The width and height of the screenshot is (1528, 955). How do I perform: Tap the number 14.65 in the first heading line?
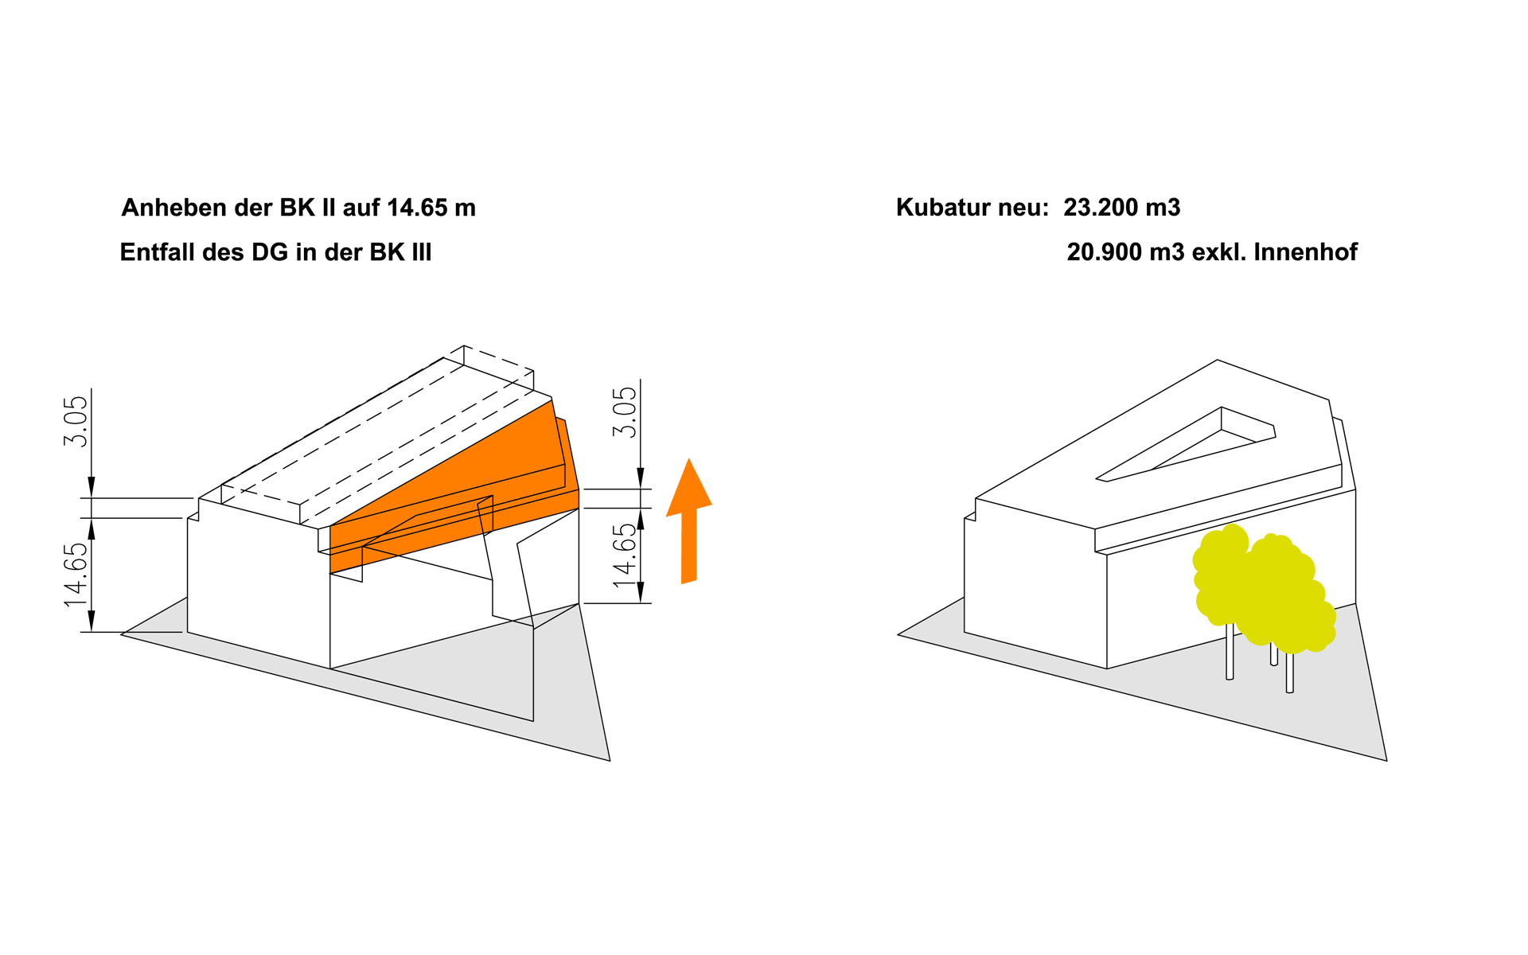point(418,208)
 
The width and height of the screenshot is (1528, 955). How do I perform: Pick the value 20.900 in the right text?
point(1103,252)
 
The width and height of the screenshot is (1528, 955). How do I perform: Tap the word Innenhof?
point(1305,252)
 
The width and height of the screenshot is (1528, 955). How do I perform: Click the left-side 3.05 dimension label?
point(76,422)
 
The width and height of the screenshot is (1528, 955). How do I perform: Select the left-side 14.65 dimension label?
point(76,575)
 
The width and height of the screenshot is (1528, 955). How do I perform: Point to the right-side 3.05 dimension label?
point(625,412)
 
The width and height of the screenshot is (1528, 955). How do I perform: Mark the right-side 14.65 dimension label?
point(625,555)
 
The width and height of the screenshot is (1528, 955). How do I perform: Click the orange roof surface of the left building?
point(477,470)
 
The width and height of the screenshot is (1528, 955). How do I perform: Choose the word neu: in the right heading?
point(1023,208)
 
